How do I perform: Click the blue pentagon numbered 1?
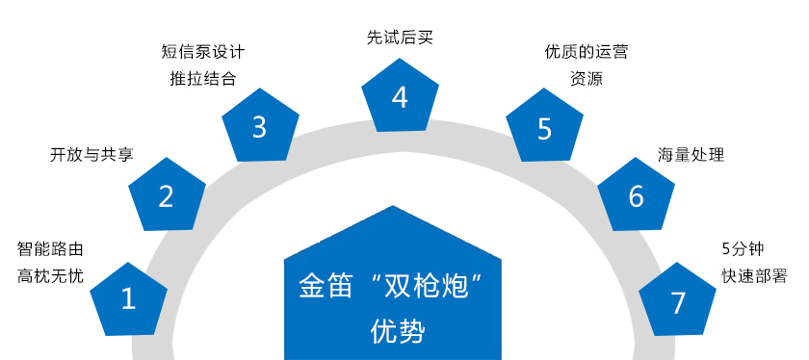pos(128,298)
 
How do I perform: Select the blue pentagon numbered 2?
pos(167,195)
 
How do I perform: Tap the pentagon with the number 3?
pos(259,126)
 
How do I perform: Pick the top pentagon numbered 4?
pos(400,95)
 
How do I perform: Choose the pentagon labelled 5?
pos(545,128)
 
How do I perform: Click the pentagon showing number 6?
pos(636,195)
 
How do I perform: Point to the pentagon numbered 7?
pos(678,301)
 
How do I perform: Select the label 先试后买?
pos(400,39)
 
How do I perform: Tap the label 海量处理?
pos(691,154)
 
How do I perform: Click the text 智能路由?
pos(51,248)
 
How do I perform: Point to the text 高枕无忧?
pos(51,275)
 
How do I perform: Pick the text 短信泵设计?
pos(201,51)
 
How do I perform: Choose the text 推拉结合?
pos(201,78)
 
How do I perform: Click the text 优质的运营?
pos(586,52)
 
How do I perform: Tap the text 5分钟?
pos(743,248)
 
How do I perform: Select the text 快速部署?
pos(754,275)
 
